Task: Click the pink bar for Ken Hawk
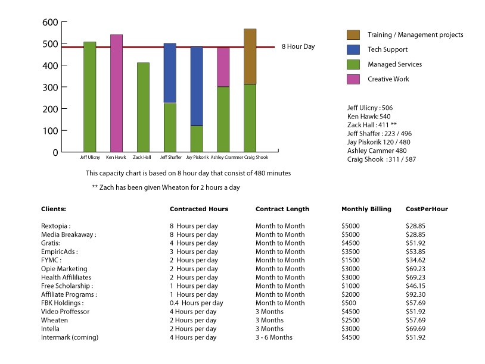(x=116, y=93)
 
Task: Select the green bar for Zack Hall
(x=143, y=107)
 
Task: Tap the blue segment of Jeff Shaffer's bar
(x=170, y=73)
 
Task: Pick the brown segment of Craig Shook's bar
(x=250, y=57)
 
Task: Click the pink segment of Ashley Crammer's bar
(x=223, y=67)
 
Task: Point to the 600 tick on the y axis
(x=64, y=22)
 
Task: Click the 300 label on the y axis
(x=50, y=87)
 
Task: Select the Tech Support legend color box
(x=353, y=49)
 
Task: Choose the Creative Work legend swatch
(x=353, y=79)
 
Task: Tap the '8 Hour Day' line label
(x=298, y=46)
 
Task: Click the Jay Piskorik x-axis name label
(x=197, y=157)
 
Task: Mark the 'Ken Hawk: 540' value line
(x=369, y=117)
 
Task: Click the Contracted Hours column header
(x=199, y=209)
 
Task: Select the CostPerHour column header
(x=427, y=209)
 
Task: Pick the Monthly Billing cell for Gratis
(x=350, y=243)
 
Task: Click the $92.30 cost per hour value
(x=415, y=294)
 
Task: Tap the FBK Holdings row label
(x=62, y=303)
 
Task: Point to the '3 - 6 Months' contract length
(x=273, y=337)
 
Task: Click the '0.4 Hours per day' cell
(x=197, y=303)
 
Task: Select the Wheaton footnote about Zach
(x=166, y=187)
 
